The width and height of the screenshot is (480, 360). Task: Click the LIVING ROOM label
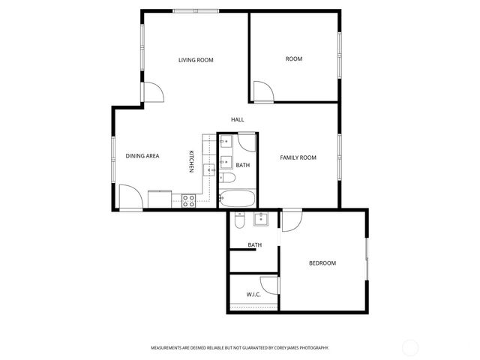(x=196, y=60)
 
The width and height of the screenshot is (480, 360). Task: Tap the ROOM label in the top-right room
(x=294, y=58)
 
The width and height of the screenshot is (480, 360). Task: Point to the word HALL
(x=237, y=119)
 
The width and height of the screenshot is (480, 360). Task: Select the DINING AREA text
(x=142, y=156)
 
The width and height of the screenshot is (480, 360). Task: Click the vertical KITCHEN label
(x=191, y=161)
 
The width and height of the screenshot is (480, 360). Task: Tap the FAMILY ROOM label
(x=298, y=157)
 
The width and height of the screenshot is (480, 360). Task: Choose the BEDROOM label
(x=322, y=263)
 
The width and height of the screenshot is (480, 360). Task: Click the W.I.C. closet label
(x=253, y=295)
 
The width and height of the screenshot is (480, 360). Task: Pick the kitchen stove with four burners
(x=188, y=200)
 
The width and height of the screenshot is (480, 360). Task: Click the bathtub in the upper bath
(x=237, y=199)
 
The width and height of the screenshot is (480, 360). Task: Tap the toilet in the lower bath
(x=238, y=220)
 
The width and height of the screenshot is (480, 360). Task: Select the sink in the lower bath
(x=261, y=219)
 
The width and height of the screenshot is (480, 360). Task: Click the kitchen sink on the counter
(x=208, y=169)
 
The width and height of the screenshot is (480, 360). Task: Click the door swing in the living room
(x=154, y=91)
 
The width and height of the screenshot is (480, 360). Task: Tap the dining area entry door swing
(x=129, y=197)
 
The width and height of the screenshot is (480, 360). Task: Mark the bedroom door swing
(x=291, y=220)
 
